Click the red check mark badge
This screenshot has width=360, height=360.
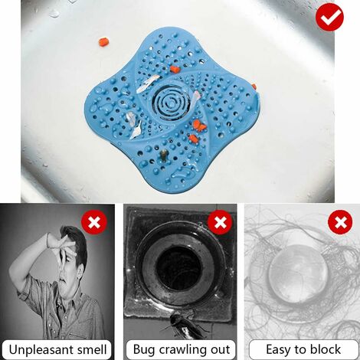coord(329,17)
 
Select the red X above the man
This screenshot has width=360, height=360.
coord(94,224)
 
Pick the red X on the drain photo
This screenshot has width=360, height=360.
coord(221,223)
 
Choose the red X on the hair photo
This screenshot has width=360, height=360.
coord(339,223)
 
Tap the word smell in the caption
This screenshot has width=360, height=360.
coord(92,349)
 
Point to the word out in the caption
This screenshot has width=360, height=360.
coord(218,349)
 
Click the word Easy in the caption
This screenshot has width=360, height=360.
coord(280,349)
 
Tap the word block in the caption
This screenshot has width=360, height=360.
coord(324,349)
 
